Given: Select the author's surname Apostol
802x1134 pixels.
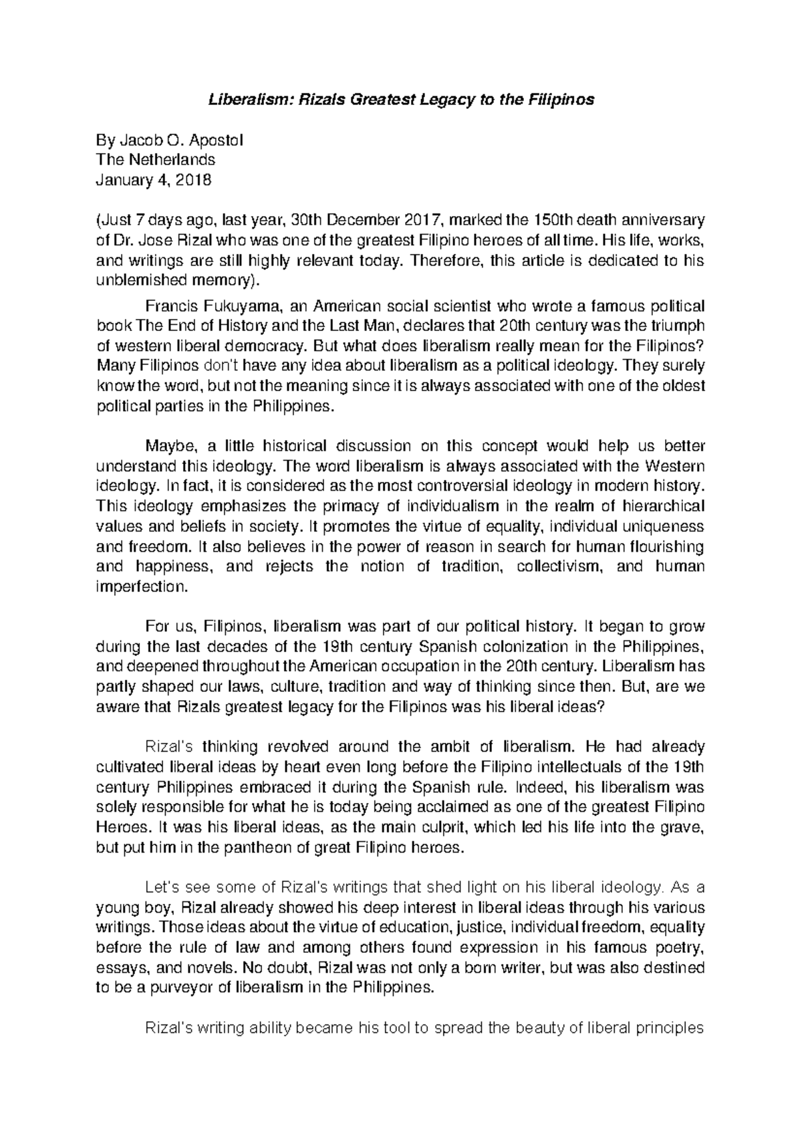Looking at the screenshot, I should click(217, 140).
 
